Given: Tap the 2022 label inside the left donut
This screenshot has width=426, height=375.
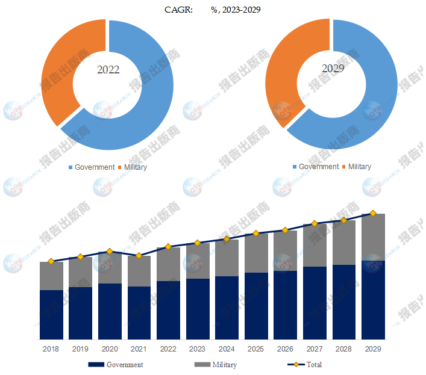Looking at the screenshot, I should [x=108, y=70].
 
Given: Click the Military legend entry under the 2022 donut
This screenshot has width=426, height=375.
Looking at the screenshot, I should [x=133, y=167].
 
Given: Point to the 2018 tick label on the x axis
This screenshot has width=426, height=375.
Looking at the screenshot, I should [x=51, y=349].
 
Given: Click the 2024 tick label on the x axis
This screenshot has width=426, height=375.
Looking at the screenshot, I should [x=227, y=349].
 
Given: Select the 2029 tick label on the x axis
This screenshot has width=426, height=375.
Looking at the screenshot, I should [x=373, y=349].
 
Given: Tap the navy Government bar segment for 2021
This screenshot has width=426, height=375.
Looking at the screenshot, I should [x=139, y=313].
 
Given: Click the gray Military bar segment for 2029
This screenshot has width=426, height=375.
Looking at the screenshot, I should [x=373, y=237].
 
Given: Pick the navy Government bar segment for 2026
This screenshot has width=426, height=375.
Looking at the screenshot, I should [x=285, y=305].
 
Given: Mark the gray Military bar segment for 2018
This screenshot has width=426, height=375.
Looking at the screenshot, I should [x=51, y=276].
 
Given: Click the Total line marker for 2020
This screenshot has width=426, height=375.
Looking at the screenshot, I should [x=110, y=251].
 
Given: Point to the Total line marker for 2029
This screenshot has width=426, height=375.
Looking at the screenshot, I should [x=373, y=213].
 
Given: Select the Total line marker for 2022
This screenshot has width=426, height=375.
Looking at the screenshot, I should [x=168, y=247].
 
